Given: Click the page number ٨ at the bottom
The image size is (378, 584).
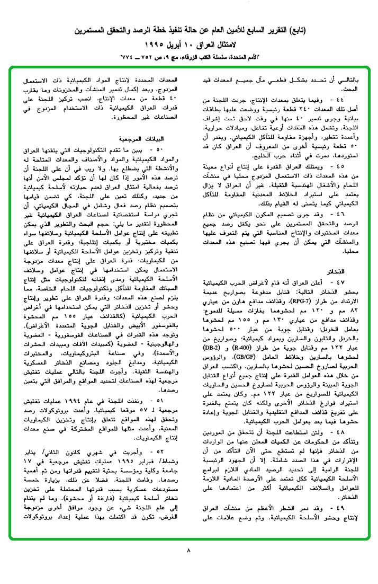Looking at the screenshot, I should (x=188, y=550).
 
